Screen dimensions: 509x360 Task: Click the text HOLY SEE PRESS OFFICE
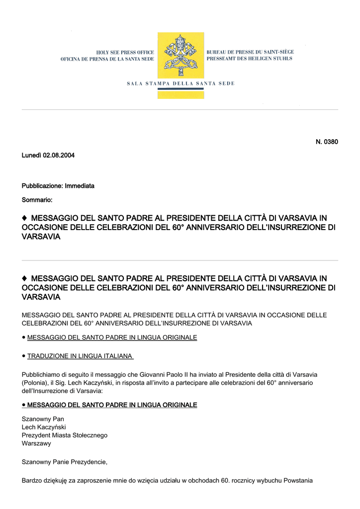[125, 52]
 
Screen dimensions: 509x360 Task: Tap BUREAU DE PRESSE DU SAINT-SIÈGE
[250, 52]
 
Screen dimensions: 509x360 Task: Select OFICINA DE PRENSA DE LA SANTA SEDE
[107, 59]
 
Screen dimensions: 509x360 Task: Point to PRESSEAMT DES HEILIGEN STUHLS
[249, 59]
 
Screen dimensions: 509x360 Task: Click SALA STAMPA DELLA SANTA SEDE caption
[180, 84]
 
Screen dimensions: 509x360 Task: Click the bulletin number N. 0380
[327, 142]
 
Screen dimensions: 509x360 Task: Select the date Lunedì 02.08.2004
[48, 156]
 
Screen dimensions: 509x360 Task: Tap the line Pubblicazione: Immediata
[58, 186]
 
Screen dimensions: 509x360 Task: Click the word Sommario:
[37, 200]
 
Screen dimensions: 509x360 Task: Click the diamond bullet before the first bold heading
[25, 218]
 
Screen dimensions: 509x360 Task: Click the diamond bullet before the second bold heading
[25, 278]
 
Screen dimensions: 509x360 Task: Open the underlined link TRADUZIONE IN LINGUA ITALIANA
[80, 356]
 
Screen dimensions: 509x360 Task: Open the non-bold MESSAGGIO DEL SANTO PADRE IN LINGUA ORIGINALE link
[112, 338]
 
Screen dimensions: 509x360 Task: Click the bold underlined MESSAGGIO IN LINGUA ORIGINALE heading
[112, 405]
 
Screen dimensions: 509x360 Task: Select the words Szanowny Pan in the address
[43, 419]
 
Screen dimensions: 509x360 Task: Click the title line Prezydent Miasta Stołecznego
[65, 435]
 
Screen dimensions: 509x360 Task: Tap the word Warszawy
[36, 443]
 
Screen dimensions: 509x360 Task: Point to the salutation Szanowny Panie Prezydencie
[65, 462]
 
